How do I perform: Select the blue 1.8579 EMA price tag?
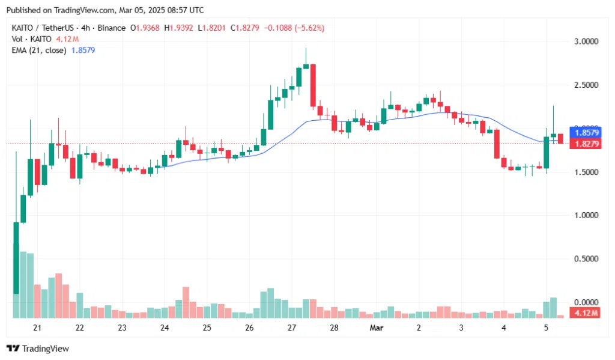[585, 132]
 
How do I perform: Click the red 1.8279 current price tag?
[585, 144]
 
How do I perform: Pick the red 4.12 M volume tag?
[585, 314]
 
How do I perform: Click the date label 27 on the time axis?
[292, 328]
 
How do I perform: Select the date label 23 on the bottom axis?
[122, 328]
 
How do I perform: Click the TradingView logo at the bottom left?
[37, 349]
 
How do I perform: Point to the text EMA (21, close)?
[38, 50]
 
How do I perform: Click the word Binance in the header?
[112, 28]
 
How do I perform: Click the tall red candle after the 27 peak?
[313, 85]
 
